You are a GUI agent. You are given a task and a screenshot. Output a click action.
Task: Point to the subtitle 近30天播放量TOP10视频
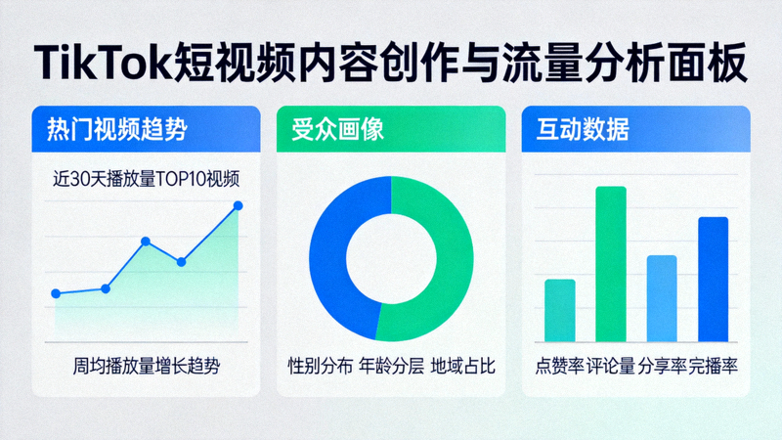pyautogui.click(x=147, y=180)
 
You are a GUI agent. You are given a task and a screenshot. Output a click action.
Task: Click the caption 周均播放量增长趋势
pyautogui.click(x=147, y=367)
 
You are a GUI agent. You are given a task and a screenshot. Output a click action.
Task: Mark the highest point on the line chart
pyautogui.click(x=238, y=205)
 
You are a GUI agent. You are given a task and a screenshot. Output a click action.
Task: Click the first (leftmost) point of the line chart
pyautogui.click(x=56, y=293)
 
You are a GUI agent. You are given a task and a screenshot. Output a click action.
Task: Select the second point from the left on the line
pyautogui.click(x=106, y=288)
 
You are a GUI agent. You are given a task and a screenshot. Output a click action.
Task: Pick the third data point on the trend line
pyautogui.click(x=146, y=241)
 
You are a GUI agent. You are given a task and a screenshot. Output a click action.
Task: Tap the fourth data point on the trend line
pyautogui.click(x=181, y=262)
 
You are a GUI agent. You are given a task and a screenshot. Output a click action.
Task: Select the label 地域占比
pyautogui.click(x=463, y=367)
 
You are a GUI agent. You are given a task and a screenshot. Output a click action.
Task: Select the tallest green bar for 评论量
pyautogui.click(x=611, y=264)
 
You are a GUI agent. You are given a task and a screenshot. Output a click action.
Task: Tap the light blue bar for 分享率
pyautogui.click(x=662, y=298)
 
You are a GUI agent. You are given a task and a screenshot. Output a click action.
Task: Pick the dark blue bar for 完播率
pyautogui.click(x=714, y=279)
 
